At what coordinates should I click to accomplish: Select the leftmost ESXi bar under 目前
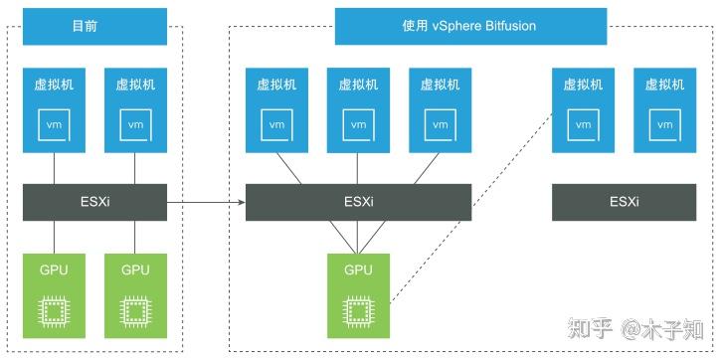pos(94,202)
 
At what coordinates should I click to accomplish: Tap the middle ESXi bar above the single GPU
pos(358,202)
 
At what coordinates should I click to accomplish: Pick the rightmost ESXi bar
pos(624,202)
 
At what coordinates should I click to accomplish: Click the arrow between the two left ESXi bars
pos(206,202)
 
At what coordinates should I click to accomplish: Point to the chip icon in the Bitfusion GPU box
pos(358,310)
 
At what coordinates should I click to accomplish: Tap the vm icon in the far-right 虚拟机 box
pos(664,124)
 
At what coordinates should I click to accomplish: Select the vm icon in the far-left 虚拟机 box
pos(54,124)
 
